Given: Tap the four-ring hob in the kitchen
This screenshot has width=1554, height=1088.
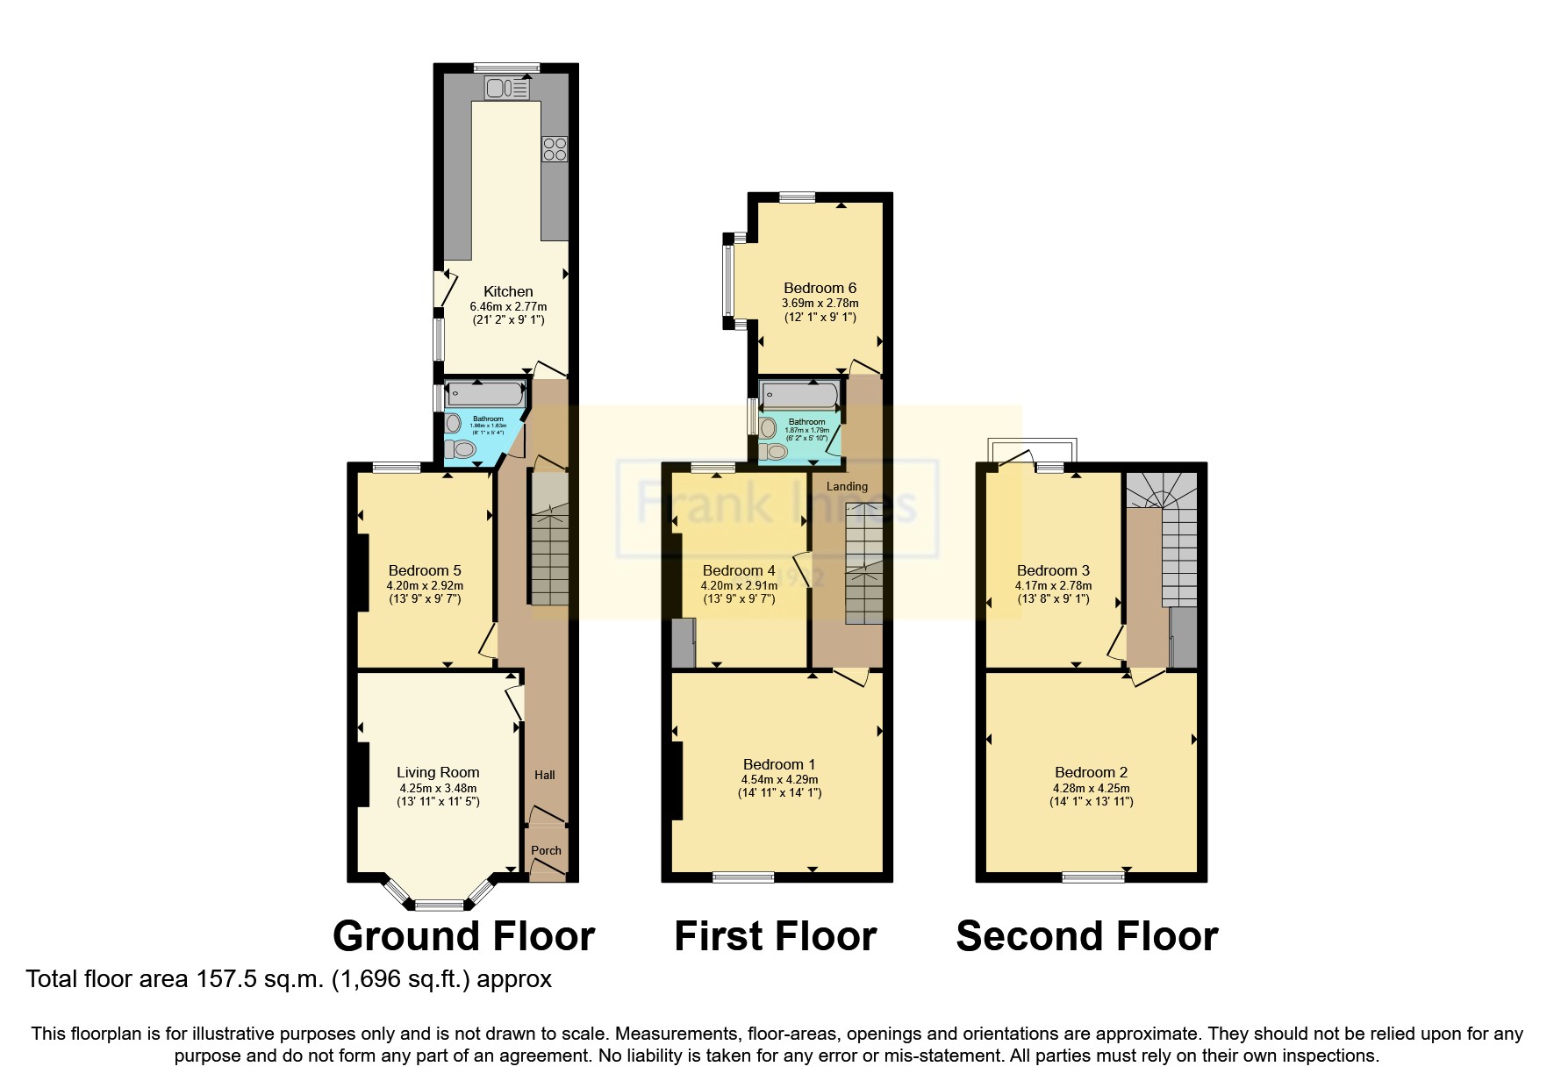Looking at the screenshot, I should [x=555, y=149].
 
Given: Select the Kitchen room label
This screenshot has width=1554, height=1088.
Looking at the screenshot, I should [x=508, y=291].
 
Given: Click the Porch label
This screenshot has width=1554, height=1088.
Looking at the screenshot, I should [x=546, y=850].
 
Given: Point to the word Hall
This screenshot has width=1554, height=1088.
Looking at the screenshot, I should [x=545, y=775].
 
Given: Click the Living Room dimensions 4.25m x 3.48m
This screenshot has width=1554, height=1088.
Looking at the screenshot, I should [x=438, y=788].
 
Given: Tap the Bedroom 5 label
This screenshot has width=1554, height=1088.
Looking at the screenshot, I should [x=425, y=570].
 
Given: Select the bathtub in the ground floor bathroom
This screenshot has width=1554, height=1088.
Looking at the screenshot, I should [x=483, y=394].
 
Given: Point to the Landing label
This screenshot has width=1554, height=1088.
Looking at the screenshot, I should [x=847, y=486].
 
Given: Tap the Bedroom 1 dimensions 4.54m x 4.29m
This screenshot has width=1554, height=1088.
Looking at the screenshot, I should [x=779, y=779].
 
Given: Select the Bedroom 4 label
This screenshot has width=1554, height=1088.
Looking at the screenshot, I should [x=739, y=570].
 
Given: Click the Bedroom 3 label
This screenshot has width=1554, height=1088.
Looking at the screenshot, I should [x=1053, y=570].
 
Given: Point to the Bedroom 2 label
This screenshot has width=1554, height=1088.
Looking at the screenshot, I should [x=1091, y=772].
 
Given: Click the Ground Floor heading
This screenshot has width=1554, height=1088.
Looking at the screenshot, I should [x=463, y=936].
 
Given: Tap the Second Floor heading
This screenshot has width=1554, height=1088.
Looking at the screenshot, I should [x=1086, y=936].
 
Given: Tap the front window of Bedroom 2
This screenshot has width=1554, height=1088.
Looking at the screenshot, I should [x=1092, y=876].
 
